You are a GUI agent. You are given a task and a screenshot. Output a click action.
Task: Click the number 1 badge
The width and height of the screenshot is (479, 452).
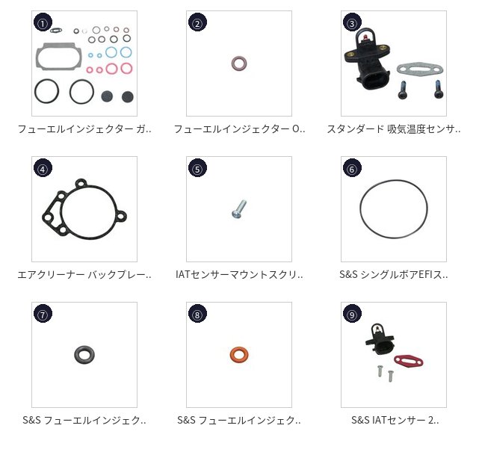43,22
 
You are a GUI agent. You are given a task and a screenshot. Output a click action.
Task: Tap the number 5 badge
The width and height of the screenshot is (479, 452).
197,167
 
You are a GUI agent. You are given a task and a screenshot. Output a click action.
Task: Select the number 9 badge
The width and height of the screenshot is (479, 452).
352,313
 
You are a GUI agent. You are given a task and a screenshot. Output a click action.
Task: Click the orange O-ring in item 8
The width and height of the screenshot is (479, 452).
239,355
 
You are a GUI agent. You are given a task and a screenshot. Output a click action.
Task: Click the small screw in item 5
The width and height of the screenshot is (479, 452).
239,209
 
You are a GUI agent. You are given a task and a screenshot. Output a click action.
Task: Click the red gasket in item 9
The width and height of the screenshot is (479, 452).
409,361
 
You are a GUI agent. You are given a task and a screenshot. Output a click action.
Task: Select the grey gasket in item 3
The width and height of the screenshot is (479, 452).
419,69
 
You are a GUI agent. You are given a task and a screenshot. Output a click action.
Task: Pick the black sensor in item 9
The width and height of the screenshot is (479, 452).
380,339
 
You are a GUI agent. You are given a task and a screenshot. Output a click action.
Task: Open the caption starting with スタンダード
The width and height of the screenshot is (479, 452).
394,129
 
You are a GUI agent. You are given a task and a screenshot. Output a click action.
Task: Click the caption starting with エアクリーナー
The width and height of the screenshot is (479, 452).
84,275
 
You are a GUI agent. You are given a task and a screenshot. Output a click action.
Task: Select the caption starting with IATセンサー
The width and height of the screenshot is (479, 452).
239,274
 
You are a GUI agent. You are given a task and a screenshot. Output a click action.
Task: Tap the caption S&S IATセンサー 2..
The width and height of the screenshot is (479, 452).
395,420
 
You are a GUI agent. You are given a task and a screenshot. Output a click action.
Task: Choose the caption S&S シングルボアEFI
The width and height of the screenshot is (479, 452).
394,274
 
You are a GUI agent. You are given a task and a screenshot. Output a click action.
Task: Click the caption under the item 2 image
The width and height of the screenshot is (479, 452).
239,129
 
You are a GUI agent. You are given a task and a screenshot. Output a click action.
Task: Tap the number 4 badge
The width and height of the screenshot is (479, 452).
43,167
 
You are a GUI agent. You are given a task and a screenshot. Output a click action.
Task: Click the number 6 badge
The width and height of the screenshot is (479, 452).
352,167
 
